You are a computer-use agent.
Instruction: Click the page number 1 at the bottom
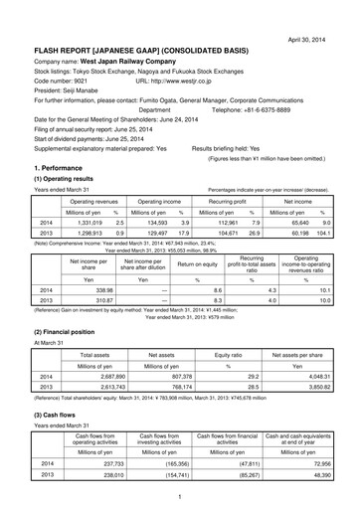click(179, 496)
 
